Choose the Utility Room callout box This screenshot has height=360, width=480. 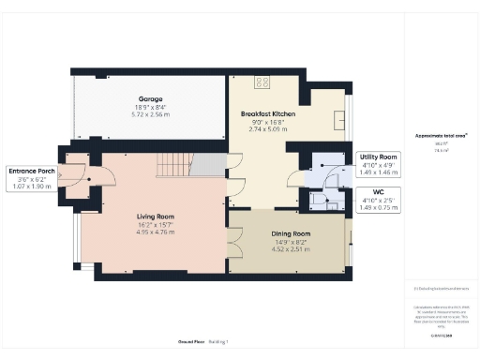377,165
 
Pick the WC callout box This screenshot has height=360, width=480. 377,201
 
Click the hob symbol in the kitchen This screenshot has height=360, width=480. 262,82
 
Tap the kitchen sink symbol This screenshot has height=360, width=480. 342,120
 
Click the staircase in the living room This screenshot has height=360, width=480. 178,166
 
